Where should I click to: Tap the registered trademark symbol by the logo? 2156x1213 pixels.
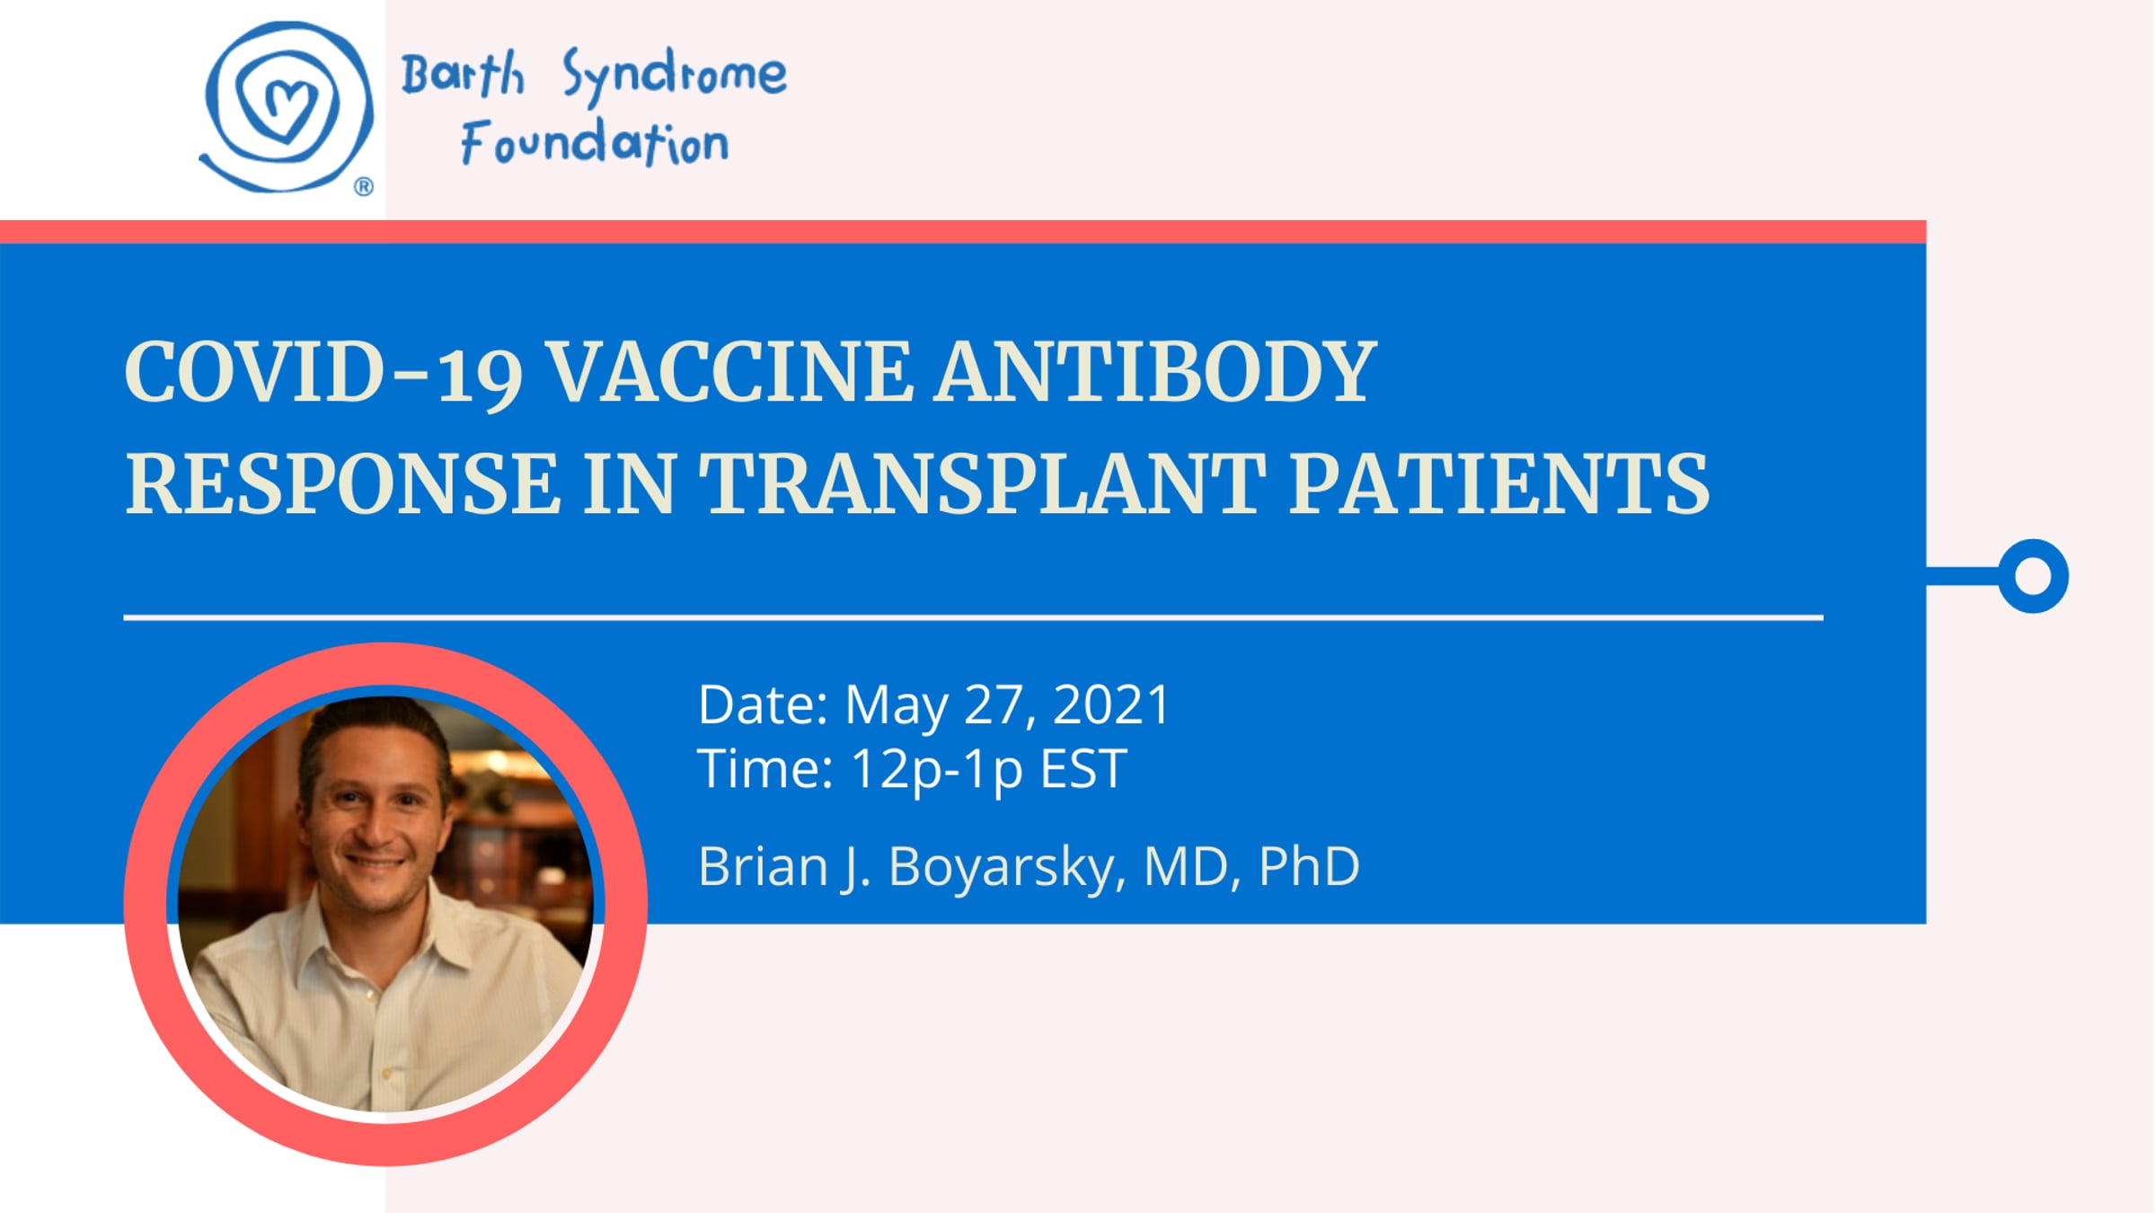pyautogui.click(x=364, y=187)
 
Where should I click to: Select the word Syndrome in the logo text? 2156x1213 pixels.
pyautogui.click(x=675, y=75)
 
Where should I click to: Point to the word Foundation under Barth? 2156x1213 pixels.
pyautogui.click(x=595, y=143)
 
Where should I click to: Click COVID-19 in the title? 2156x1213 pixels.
pyautogui.click(x=323, y=373)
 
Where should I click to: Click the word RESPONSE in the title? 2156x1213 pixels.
pyautogui.click(x=342, y=484)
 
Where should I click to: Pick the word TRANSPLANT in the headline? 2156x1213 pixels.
pyautogui.click(x=983, y=484)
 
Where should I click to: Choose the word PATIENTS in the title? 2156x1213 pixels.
pyautogui.click(x=1499, y=484)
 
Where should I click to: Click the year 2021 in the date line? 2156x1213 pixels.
pyautogui.click(x=1111, y=704)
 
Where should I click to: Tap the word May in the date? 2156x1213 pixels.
pyautogui.click(x=897, y=707)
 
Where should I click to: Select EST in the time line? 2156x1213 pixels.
pyautogui.click(x=1082, y=769)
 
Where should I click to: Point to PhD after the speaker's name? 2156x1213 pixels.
pyautogui.click(x=1309, y=866)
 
